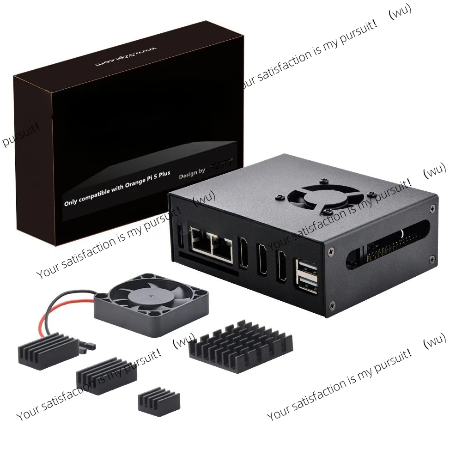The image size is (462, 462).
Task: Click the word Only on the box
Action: coord(71,202)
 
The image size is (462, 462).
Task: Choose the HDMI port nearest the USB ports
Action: coord(281,267)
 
